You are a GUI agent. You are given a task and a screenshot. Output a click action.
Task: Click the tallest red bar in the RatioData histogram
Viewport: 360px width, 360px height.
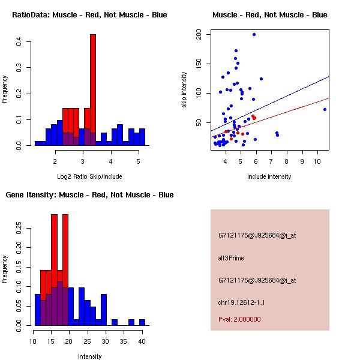[93, 90]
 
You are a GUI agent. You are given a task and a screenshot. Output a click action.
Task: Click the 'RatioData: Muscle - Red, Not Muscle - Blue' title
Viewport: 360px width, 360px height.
[90, 14]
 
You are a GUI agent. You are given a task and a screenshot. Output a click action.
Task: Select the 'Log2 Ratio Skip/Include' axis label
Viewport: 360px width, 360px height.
[89, 176]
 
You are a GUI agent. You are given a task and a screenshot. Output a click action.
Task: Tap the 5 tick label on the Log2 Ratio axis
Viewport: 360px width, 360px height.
[138, 161]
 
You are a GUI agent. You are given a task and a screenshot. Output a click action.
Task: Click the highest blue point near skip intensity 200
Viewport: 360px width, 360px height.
[254, 34]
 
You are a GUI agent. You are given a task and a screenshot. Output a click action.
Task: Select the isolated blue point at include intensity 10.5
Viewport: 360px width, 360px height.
[325, 109]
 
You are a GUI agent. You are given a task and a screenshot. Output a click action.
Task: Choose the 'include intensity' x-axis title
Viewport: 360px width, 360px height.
[269, 176]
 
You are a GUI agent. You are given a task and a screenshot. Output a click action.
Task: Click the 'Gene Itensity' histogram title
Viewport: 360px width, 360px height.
[89, 195]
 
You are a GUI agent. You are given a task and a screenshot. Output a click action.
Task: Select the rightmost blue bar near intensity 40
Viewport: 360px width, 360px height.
[142, 322]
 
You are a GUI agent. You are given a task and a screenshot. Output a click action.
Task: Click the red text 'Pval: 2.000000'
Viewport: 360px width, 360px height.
[239, 319]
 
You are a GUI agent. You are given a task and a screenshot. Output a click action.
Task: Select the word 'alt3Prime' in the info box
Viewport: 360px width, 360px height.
[231, 258]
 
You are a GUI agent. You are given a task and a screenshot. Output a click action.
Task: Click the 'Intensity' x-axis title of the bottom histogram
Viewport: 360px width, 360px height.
[89, 356]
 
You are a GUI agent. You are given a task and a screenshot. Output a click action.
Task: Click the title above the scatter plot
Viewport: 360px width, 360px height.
[269, 14]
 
